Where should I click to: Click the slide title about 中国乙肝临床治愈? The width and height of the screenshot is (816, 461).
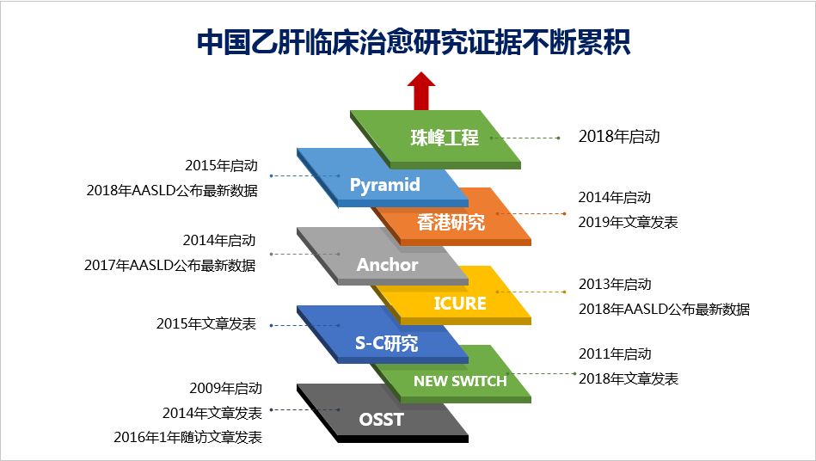[414, 42]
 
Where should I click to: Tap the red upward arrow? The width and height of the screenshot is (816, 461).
[421, 90]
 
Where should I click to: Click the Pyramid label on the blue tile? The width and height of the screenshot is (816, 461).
[384, 185]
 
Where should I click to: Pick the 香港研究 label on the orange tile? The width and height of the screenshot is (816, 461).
[451, 222]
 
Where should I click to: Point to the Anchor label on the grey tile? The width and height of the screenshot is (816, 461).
[387, 265]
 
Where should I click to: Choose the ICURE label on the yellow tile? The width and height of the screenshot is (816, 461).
[459, 304]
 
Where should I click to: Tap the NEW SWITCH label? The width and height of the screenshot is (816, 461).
[460, 381]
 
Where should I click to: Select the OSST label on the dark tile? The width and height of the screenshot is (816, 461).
[381, 421]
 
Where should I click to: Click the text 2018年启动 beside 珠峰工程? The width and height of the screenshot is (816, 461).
[618, 137]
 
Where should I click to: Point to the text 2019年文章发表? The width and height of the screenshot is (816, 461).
[628, 222]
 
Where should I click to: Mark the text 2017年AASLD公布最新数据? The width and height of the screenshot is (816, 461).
[169, 266]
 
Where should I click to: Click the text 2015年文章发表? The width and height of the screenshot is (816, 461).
[206, 324]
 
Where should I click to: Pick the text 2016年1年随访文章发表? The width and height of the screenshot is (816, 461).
[187, 437]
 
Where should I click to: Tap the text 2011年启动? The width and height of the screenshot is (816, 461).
[615, 353]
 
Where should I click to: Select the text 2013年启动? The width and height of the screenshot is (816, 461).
[615, 285]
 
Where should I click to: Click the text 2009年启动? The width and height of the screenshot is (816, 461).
[225, 389]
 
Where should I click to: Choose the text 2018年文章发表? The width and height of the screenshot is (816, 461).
[628, 378]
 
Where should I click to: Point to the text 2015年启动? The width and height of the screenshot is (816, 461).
[221, 166]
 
